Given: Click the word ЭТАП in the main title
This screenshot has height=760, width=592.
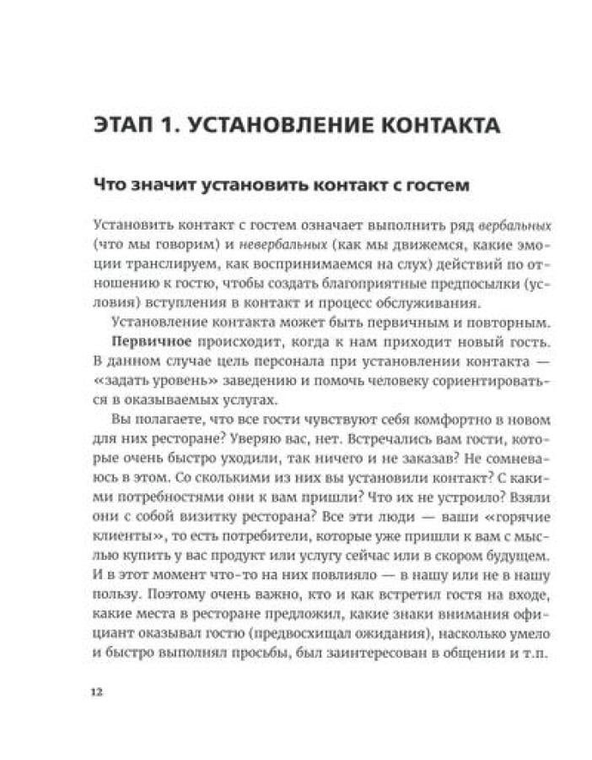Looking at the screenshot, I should pyautogui.click(x=126, y=126).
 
